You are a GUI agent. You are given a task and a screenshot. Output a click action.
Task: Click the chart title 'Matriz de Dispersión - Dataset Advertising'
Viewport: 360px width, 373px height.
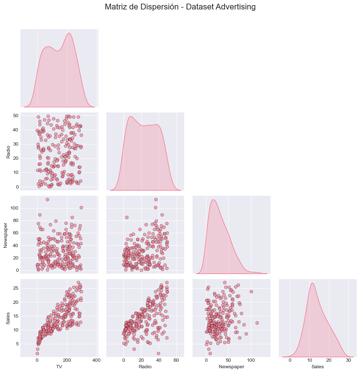180,7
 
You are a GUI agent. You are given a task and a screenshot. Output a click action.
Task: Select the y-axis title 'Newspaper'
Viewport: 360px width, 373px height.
5,235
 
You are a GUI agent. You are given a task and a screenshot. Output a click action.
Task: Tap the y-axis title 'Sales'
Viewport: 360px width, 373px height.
8,318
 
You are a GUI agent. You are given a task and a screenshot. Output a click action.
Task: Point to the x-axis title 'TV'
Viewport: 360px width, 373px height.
59,367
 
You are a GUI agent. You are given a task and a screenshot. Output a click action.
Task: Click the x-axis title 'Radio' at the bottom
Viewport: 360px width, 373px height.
145,367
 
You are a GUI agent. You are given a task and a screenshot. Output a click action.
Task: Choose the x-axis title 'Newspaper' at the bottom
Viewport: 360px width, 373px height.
231,367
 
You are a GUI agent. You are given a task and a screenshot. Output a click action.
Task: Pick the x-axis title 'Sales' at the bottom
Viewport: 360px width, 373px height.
317,367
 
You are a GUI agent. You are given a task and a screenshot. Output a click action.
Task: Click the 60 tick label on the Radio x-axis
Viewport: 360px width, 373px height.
177,360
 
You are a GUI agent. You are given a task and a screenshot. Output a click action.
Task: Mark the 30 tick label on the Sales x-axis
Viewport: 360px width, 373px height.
348,360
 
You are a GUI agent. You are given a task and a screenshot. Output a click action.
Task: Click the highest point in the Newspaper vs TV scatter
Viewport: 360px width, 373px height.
47,199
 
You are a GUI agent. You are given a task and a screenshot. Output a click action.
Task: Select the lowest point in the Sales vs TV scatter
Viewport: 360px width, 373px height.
37,353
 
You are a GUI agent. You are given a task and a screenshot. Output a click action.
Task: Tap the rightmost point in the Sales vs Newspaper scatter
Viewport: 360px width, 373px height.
257,323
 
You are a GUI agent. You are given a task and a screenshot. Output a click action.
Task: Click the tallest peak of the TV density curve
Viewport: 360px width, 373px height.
69,33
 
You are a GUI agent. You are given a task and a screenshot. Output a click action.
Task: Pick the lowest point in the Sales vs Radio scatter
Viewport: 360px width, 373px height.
158,353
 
